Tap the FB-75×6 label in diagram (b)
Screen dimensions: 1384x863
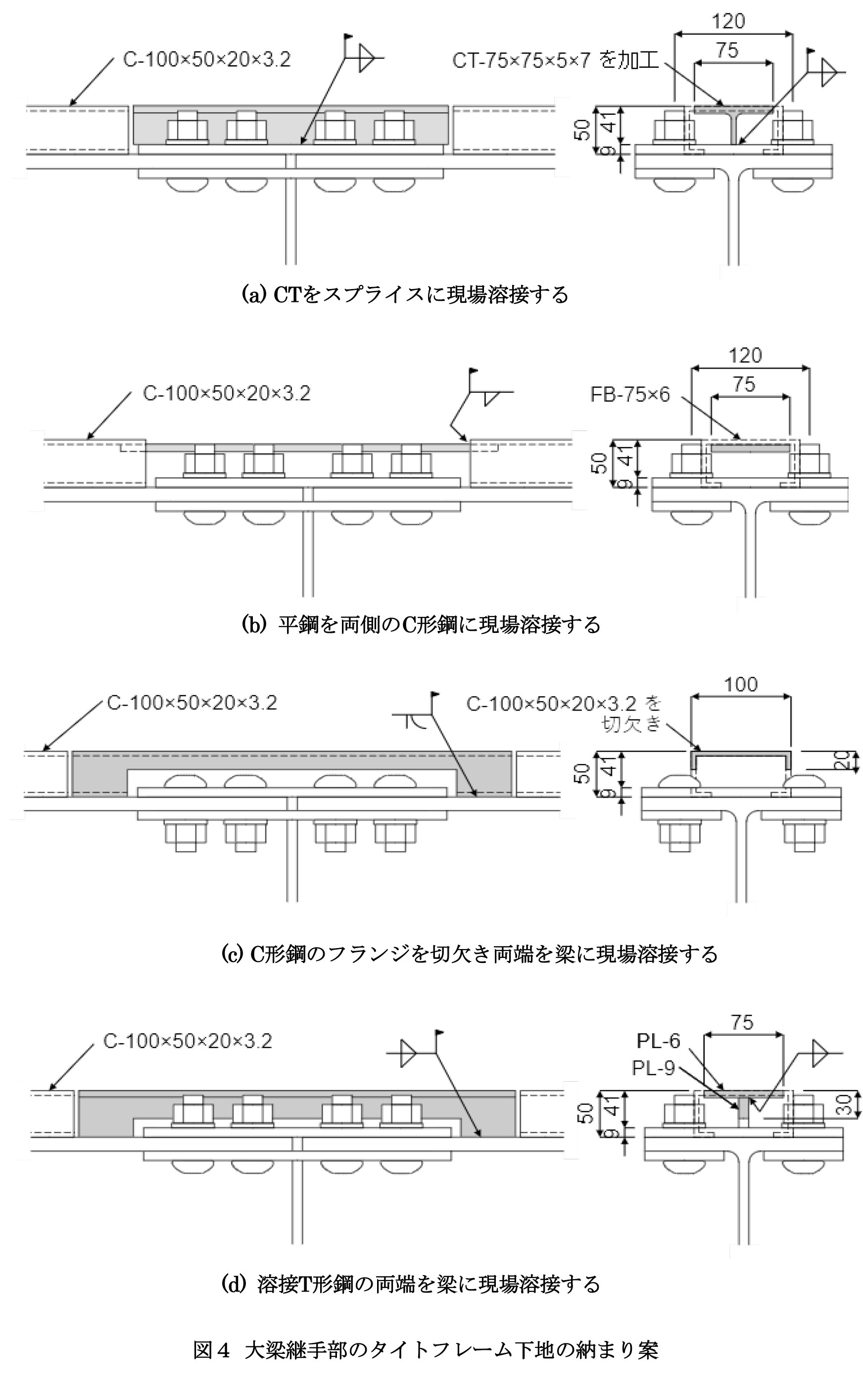pyautogui.click(x=629, y=394)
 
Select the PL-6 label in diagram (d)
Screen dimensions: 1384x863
pyautogui.click(x=658, y=1042)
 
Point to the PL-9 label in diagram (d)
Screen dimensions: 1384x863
pyautogui.click(x=653, y=1068)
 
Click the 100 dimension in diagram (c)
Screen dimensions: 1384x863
pyautogui.click(x=741, y=684)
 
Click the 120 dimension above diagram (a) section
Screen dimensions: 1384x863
pyautogui.click(x=728, y=22)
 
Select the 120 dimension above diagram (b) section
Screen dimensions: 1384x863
pyautogui.click(x=745, y=356)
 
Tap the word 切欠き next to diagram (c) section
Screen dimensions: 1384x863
pyautogui.click(x=631, y=724)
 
